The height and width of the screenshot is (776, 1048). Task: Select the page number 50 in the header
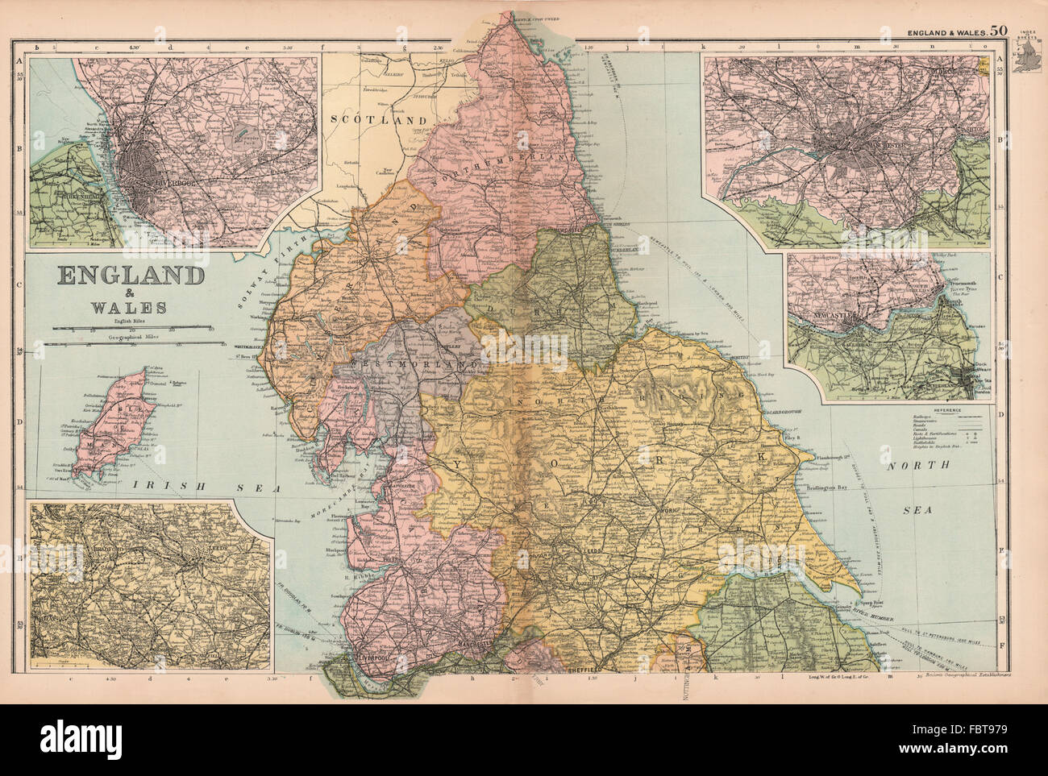coord(999,31)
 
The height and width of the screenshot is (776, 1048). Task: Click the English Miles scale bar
coord(133,329)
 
